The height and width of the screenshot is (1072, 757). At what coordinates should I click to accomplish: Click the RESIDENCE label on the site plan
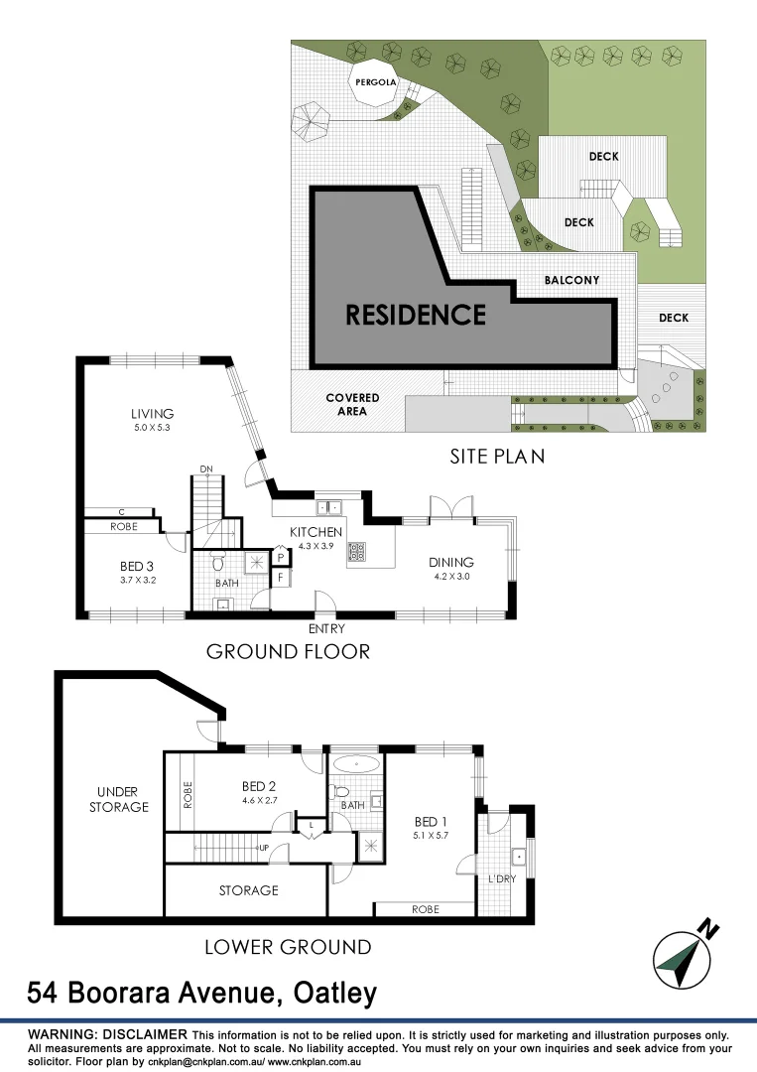(x=415, y=315)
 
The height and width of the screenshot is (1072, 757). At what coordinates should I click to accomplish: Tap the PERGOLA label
(x=378, y=83)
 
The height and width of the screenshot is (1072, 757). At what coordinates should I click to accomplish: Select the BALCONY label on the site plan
(x=571, y=281)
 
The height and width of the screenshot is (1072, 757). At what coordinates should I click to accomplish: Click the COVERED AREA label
(x=352, y=404)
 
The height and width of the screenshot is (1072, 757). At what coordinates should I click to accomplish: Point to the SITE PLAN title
(x=497, y=457)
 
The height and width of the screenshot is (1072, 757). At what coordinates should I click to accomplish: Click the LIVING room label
(x=152, y=414)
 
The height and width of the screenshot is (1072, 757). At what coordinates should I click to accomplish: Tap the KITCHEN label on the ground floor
(x=315, y=533)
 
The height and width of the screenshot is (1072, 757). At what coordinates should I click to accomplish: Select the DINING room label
(x=451, y=562)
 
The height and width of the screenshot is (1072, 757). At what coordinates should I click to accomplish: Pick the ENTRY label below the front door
(x=326, y=628)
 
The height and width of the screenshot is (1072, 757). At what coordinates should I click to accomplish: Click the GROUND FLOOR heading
(x=288, y=652)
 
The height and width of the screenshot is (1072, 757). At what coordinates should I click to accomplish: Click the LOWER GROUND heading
(x=288, y=947)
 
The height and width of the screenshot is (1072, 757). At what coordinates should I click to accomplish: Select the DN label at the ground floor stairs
(x=206, y=469)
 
